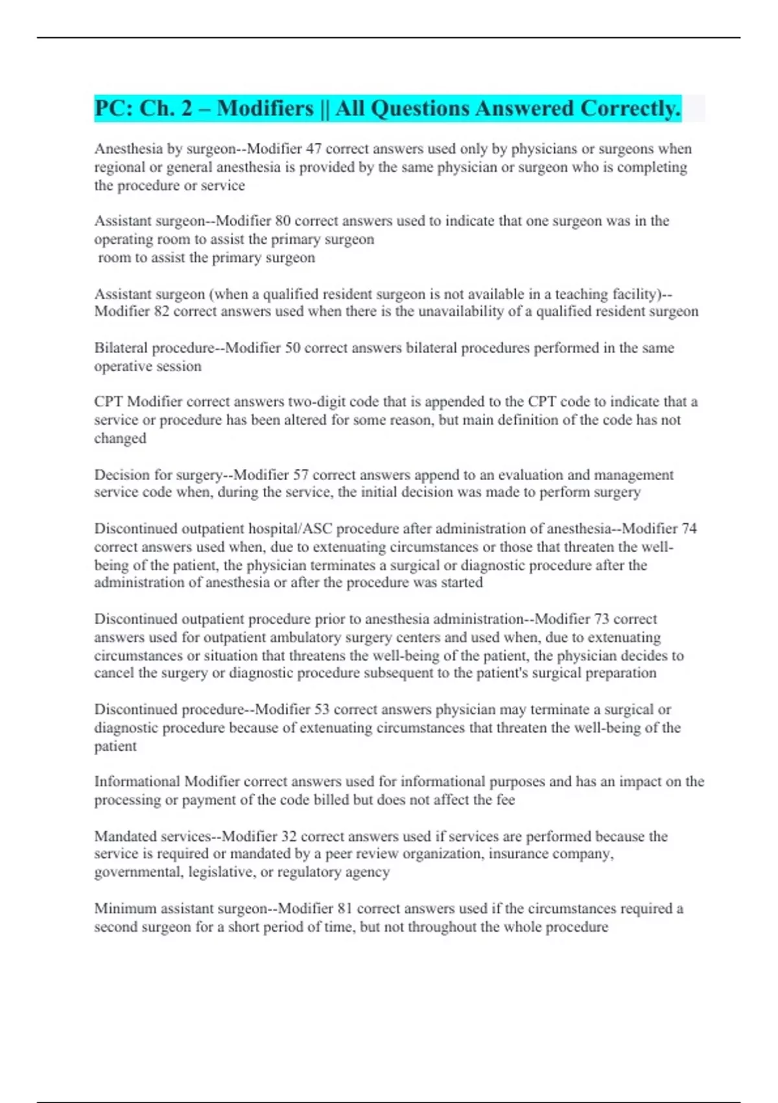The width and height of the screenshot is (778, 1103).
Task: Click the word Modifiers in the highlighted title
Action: point(265,108)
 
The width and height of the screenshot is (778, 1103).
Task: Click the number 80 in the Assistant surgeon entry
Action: point(283,221)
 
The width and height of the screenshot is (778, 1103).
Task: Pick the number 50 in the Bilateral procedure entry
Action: point(292,348)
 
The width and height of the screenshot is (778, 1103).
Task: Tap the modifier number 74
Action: point(689,529)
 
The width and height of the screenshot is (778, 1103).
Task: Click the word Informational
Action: point(137,782)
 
